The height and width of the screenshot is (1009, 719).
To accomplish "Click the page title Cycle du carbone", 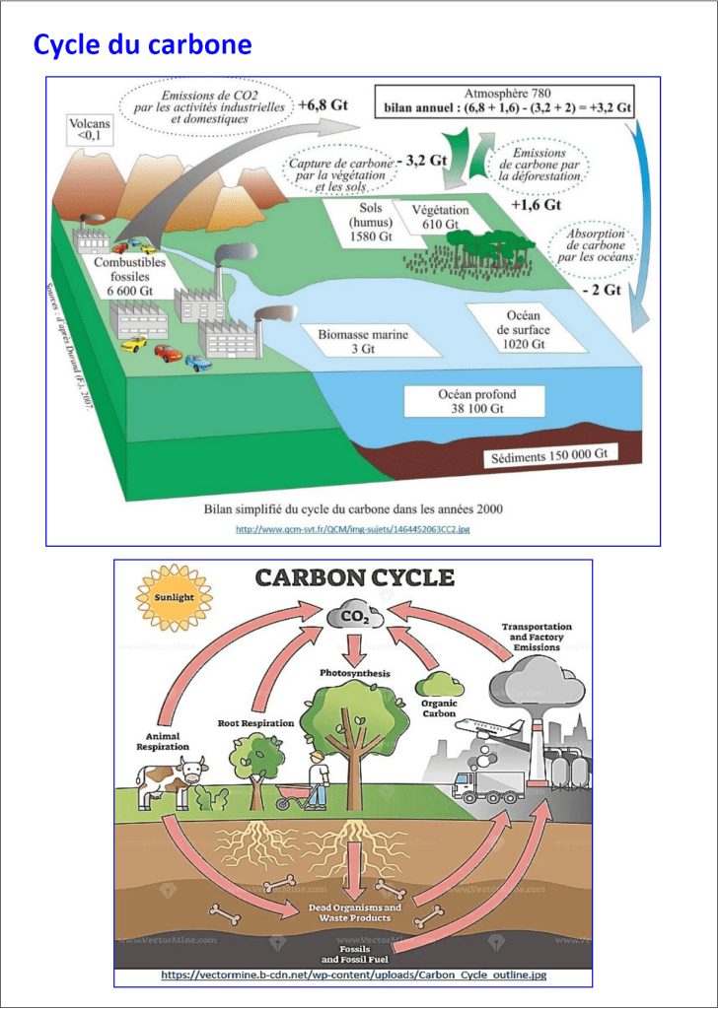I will point(143,45).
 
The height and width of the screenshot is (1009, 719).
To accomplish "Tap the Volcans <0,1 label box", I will point(89,131).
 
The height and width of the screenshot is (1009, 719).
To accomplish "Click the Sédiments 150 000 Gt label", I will point(549,456).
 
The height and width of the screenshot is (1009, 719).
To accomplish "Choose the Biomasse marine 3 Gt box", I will point(362,341).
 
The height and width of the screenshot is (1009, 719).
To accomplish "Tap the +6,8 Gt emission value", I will point(324,103).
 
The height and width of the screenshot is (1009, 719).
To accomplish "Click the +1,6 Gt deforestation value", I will point(536,205).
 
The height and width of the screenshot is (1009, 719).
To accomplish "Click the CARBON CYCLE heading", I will point(355,577).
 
